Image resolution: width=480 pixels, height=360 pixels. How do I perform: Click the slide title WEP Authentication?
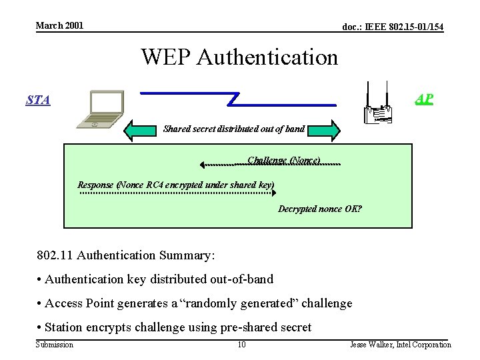(x=239, y=57)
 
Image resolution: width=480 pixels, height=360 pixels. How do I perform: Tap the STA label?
(x=38, y=100)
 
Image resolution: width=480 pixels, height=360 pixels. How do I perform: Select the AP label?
(x=423, y=99)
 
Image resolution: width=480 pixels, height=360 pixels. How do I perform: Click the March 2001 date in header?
(x=59, y=25)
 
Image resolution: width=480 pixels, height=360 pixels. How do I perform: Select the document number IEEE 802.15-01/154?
(x=392, y=27)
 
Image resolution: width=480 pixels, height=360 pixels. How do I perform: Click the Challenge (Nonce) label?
(x=284, y=161)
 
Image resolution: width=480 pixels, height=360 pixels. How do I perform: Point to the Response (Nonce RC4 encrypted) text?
(x=176, y=185)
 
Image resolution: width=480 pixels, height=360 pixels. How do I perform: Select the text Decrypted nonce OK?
(x=319, y=209)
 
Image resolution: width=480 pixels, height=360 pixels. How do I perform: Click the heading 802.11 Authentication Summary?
(x=127, y=255)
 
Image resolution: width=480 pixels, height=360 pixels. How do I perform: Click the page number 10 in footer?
(x=242, y=345)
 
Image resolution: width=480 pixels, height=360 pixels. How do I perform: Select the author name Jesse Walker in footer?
(x=401, y=345)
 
